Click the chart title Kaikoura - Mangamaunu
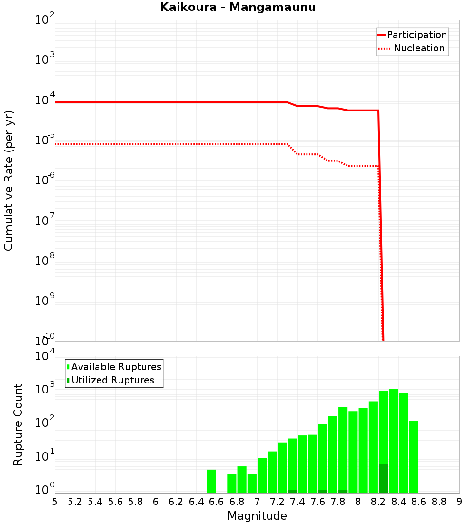238,7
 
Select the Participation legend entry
416,35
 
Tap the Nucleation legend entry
419,48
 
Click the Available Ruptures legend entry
116,367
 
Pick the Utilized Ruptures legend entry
112,380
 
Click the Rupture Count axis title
18,424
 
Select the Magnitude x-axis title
257,516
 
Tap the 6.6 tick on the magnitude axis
217,502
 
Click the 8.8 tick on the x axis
439,502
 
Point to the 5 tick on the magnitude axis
55,502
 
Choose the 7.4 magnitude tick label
297,502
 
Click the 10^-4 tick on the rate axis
44,101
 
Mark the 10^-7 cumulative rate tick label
44,221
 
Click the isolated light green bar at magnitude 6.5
211,481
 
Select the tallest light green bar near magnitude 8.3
394,441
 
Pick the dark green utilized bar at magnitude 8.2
384,478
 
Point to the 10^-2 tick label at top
44,21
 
